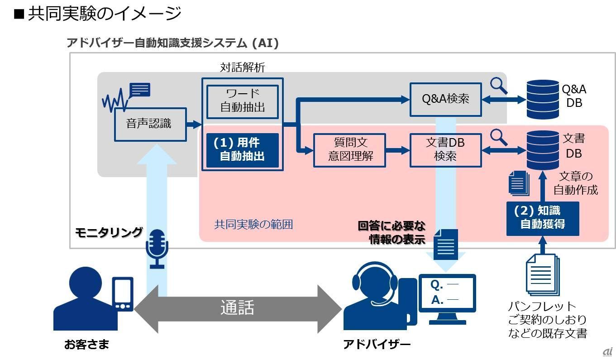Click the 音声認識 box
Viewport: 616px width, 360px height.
click(x=150, y=124)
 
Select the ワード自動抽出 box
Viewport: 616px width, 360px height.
click(x=243, y=101)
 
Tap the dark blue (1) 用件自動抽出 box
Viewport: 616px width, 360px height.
click(x=243, y=149)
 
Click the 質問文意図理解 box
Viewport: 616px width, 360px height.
click(x=349, y=150)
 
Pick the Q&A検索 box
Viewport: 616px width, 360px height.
click(x=445, y=99)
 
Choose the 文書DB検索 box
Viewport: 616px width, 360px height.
click(x=445, y=150)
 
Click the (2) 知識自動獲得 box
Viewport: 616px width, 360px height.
click(x=542, y=218)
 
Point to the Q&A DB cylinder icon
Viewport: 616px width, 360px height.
click(x=543, y=99)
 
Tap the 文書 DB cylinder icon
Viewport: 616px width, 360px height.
click(x=543, y=149)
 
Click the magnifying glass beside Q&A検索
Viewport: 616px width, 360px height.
click(x=499, y=85)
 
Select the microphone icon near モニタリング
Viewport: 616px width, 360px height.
click(x=157, y=248)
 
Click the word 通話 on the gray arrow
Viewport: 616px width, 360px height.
click(x=237, y=308)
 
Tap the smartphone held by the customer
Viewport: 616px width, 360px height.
click(x=123, y=294)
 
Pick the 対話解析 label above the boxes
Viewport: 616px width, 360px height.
click(x=243, y=67)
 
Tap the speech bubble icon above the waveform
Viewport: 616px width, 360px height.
click(x=140, y=90)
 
